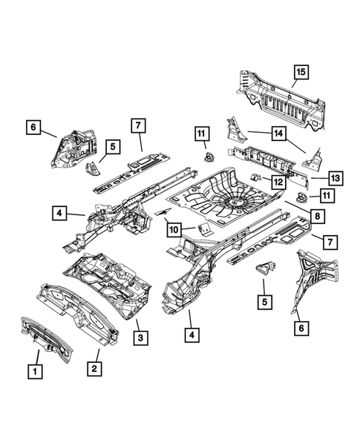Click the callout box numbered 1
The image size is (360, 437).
click(x=33, y=368)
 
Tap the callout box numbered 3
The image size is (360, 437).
click(x=139, y=338)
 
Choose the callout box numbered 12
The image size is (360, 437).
click(x=276, y=182)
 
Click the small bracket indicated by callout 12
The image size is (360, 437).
click(x=254, y=178)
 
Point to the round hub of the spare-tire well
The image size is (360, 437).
click(x=236, y=200)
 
